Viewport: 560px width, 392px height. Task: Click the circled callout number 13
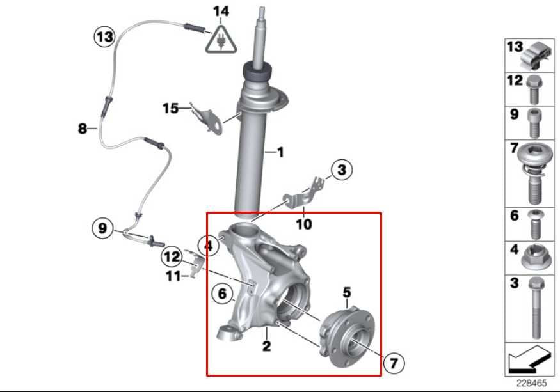point(104,36)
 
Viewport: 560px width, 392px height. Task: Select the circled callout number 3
point(342,170)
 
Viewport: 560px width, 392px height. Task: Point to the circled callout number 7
point(394,364)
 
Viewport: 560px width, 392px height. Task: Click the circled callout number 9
point(102,227)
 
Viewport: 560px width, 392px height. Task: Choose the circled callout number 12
point(172,257)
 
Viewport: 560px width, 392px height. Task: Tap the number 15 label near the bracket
point(170,108)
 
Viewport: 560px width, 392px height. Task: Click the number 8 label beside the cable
point(82,129)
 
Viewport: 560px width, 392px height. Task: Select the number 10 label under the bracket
point(304,224)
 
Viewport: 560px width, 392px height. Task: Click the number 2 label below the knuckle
point(266,347)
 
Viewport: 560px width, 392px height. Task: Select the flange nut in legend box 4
point(535,257)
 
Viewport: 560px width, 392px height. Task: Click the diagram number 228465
point(531,384)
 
